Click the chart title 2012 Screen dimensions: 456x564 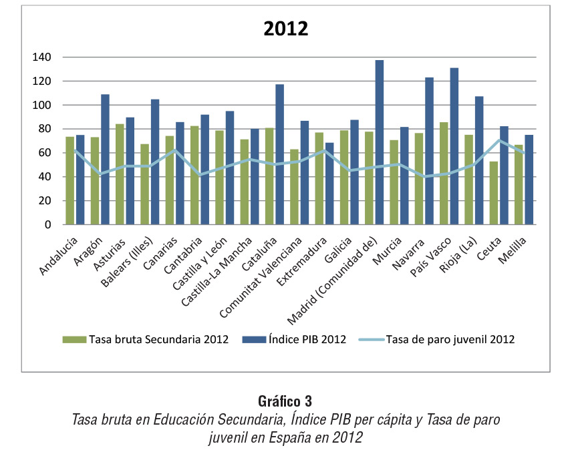tap(285, 29)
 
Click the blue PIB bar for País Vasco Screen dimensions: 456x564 tap(454, 146)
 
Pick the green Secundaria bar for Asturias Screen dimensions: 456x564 tap(120, 174)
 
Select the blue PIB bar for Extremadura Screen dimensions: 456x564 tap(329, 184)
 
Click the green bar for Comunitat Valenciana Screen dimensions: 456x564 tap(294, 187)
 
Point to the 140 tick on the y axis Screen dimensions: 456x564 tap(42, 57)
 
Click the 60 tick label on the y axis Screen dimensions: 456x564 tap(45, 153)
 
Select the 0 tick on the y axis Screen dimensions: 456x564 tap(48, 225)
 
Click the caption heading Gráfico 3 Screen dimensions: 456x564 tap(285, 401)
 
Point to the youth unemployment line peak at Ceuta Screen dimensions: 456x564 tap(499, 140)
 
